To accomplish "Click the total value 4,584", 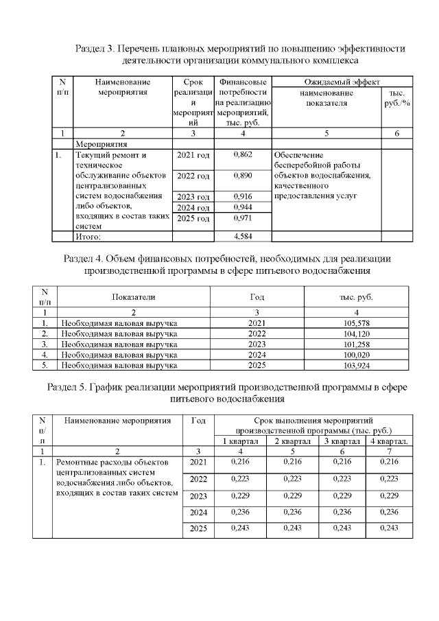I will pyautogui.click(x=244, y=237).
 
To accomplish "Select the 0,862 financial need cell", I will pyautogui.click(x=244, y=155).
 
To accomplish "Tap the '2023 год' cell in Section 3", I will pyautogui.click(x=193, y=197).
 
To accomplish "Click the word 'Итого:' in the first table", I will pyautogui.click(x=88, y=237).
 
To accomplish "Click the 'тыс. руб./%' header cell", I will pyautogui.click(x=396, y=98).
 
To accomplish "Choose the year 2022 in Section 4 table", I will pyautogui.click(x=255, y=333).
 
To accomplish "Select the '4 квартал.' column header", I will pyautogui.click(x=390, y=441).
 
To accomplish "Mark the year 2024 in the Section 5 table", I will pyautogui.click(x=198, y=513).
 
